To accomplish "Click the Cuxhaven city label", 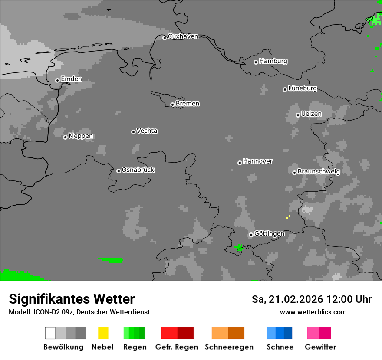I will point(183,36).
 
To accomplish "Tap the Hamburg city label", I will point(273,61).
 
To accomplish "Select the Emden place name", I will point(71,79).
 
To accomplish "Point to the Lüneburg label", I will point(303,88).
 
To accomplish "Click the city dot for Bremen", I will point(172,105).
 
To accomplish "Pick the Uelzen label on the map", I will point(311,114).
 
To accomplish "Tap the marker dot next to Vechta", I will point(133,132).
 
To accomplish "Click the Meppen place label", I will point(81,136).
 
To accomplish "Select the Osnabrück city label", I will point(138,170).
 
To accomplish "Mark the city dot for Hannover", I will point(240,163).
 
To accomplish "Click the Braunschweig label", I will point(319,172).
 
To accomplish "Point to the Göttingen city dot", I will point(251,235).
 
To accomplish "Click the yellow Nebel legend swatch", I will point(103,333).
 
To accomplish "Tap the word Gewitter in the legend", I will point(320,347).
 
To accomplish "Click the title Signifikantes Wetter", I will point(72,299).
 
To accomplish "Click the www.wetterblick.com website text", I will point(313,312).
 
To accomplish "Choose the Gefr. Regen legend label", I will point(177,347).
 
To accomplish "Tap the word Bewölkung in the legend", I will point(63,347).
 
